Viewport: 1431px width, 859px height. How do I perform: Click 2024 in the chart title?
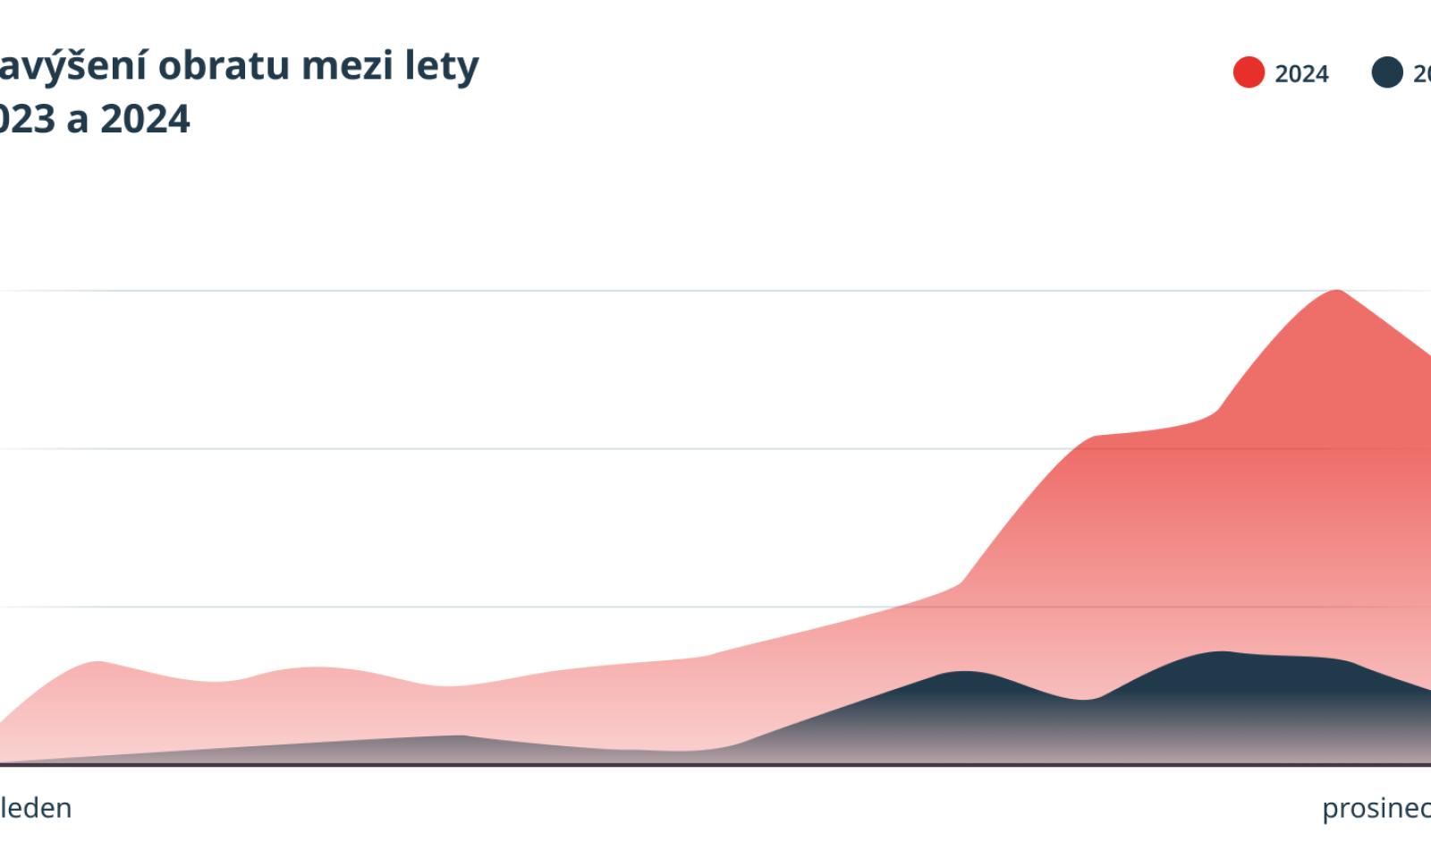pyautogui.click(x=145, y=119)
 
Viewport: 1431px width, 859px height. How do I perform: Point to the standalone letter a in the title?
pyautogui.click(x=78, y=121)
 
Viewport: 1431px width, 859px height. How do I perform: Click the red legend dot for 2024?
pyautogui.click(x=1249, y=72)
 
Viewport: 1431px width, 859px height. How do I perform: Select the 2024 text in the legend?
pyautogui.click(x=1301, y=73)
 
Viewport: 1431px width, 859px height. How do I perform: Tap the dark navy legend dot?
pyautogui.click(x=1387, y=72)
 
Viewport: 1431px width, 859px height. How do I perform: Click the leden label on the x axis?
pyautogui.click(x=36, y=808)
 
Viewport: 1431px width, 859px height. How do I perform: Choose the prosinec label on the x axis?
pyautogui.click(x=1376, y=808)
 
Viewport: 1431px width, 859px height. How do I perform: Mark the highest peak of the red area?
pyautogui.click(x=1337, y=292)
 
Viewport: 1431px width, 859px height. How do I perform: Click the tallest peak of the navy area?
pyautogui.click(x=1222, y=653)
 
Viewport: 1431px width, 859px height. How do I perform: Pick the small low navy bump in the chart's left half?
pyautogui.click(x=460, y=737)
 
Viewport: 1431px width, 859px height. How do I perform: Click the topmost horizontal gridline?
pyautogui.click(x=626, y=291)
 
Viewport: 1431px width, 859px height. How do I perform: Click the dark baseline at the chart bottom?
pyautogui.click(x=715, y=765)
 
